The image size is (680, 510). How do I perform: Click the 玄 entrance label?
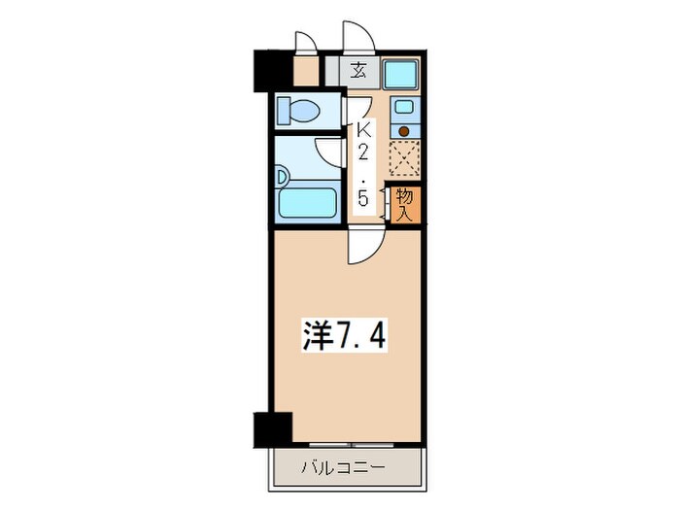coord(358,71)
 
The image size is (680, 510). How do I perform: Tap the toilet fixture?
coord(297,111)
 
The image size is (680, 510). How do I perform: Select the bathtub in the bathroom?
coord(307,204)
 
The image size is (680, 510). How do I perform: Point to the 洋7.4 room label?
coord(347,336)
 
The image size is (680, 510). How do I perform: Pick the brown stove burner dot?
coord(404,130)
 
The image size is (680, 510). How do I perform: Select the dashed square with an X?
coord(404,158)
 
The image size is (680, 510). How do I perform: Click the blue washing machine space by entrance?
coord(399,74)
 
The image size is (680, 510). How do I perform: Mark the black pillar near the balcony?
coord(273,428)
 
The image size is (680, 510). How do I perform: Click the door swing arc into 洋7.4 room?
coord(361,249)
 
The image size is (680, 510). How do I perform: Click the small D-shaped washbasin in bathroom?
coord(282,178)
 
